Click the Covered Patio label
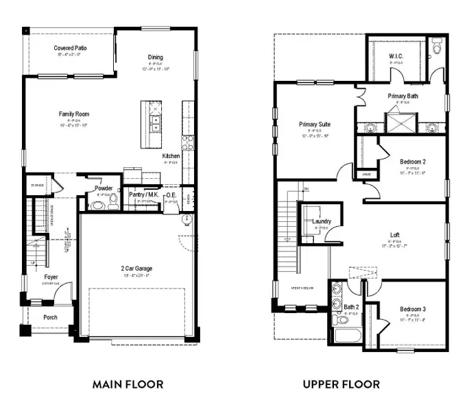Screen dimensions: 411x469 [71, 48]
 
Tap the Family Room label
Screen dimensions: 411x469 [73, 114]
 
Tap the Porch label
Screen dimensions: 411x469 [50, 317]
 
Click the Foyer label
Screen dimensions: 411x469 [51, 277]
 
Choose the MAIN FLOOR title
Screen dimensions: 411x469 [128, 384]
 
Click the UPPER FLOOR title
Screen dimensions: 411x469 [341, 384]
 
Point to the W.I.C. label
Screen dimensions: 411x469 [396, 55]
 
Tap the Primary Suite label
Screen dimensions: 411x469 [315, 125]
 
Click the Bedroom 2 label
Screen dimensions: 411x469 [413, 162]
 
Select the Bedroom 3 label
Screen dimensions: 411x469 [413, 309]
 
